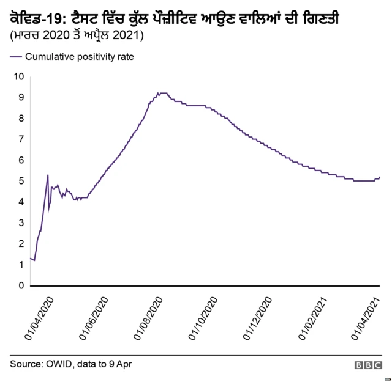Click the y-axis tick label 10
click(x=18, y=76)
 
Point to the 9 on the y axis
click(x=21, y=97)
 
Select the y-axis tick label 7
click(x=21, y=139)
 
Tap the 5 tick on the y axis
click(x=21, y=181)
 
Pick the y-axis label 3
click(x=21, y=223)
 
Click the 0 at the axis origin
click(x=21, y=285)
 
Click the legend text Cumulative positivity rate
click(x=79, y=57)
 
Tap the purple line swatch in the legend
click(x=16, y=57)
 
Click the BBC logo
click(x=367, y=365)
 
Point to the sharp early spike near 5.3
click(x=48, y=175)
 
